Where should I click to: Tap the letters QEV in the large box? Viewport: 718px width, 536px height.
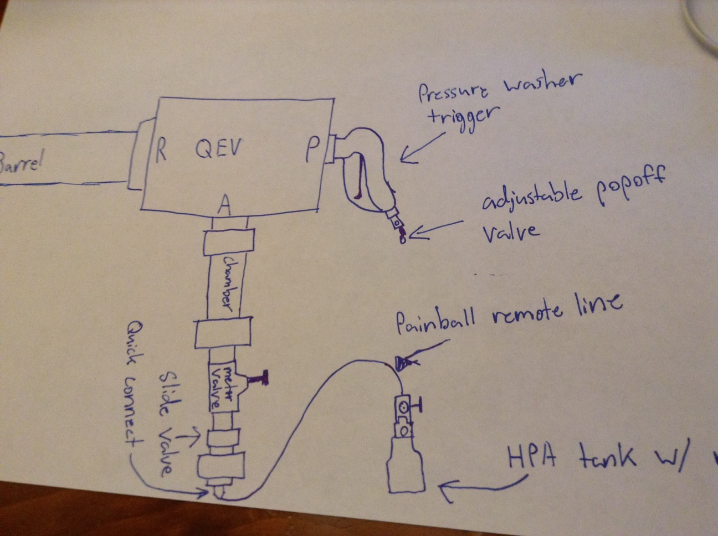pyautogui.click(x=219, y=148)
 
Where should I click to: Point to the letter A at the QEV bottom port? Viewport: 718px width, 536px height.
pyautogui.click(x=224, y=205)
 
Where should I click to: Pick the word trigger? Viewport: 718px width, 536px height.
pyautogui.click(x=469, y=117)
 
